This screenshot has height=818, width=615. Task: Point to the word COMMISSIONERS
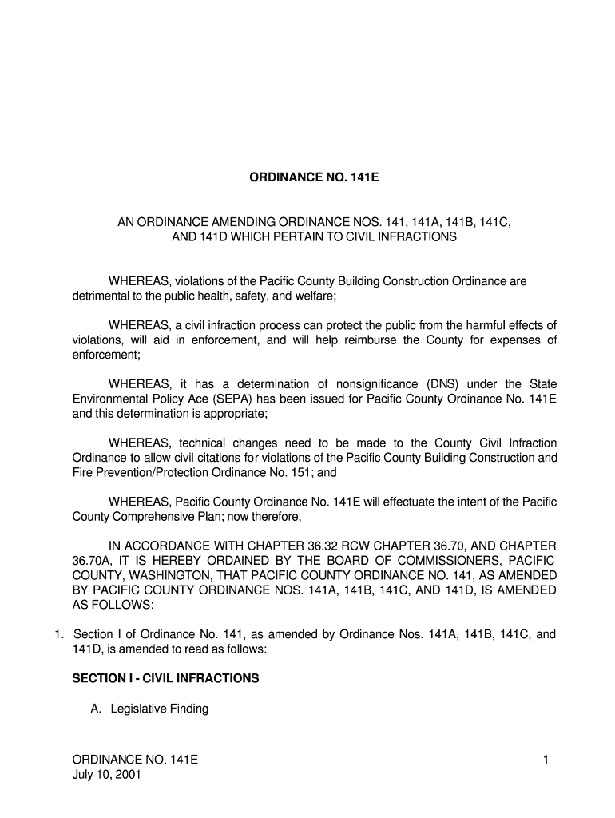point(442,561)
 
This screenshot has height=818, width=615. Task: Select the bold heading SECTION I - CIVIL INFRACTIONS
point(165,678)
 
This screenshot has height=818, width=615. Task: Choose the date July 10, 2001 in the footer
point(106,775)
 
